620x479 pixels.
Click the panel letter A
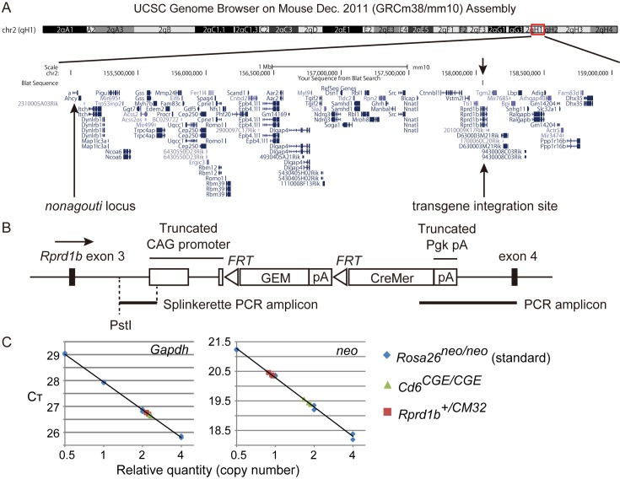8,8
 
